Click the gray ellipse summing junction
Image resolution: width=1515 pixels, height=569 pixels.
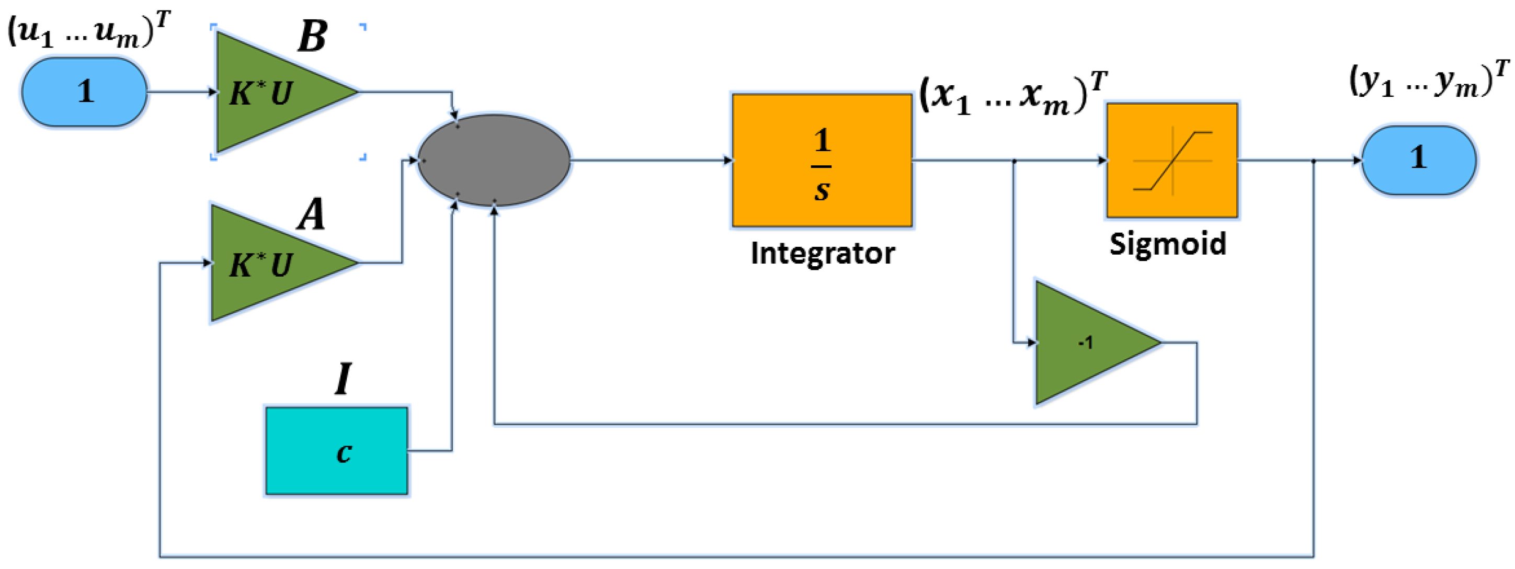click(494, 160)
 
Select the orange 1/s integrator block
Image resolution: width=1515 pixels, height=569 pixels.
click(822, 160)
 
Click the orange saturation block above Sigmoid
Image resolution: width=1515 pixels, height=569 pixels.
click(1172, 160)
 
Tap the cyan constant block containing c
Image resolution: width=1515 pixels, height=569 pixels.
click(336, 451)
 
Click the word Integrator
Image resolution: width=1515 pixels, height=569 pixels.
click(822, 254)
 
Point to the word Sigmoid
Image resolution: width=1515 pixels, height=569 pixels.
click(1167, 244)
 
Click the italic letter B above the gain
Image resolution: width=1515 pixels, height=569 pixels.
click(312, 37)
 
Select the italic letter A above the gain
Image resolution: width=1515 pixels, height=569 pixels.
click(311, 214)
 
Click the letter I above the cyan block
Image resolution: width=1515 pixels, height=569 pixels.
click(343, 378)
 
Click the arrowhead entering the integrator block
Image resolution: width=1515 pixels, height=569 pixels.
click(727, 160)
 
